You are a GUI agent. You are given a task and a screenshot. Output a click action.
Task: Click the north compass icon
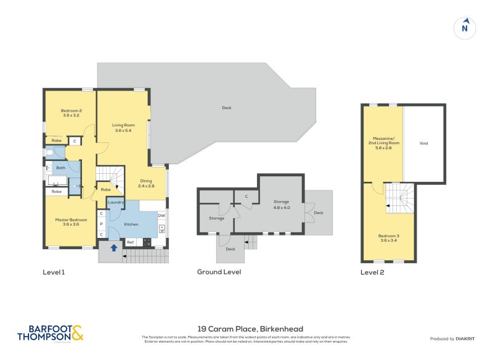click(x=465, y=27)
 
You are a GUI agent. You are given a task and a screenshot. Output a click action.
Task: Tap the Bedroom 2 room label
click(x=71, y=113)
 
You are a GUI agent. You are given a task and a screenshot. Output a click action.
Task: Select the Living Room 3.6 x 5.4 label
click(x=123, y=128)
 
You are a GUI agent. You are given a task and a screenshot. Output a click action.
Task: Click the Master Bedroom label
click(x=71, y=223)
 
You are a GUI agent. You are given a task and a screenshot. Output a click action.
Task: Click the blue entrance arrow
click(x=114, y=248)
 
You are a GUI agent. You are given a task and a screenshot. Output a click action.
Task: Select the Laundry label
click(x=116, y=202)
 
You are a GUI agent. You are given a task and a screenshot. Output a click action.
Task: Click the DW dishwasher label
click(x=161, y=215)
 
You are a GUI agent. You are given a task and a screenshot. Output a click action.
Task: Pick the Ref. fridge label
click(x=131, y=242)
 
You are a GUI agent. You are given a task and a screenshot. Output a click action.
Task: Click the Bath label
click(x=61, y=168)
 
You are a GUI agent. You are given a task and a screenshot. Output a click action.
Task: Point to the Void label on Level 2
click(x=423, y=143)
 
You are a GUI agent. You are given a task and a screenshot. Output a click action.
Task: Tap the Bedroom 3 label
click(x=389, y=238)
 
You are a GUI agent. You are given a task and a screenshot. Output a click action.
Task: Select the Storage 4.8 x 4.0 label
click(x=282, y=205)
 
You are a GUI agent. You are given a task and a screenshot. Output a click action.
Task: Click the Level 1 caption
click(x=54, y=272)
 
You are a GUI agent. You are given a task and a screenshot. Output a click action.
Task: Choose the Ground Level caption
click(x=219, y=272)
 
